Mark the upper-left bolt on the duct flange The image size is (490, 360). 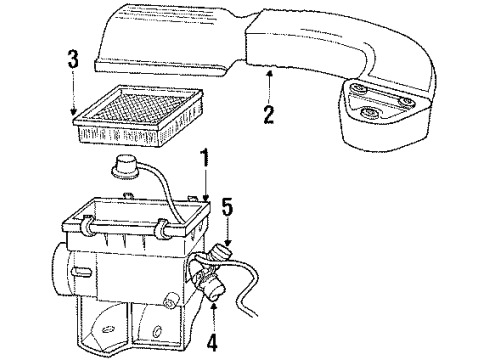pyautogui.click(x=358, y=89)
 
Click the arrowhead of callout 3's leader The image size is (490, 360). pyautogui.click(x=73, y=112)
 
